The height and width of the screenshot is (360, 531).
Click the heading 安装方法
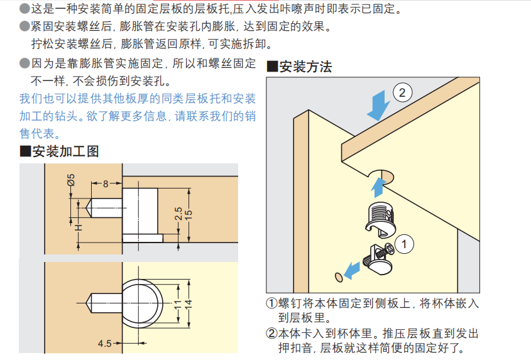point(299,67)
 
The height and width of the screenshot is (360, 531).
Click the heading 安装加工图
point(59,151)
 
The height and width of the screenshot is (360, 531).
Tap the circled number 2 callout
point(402,92)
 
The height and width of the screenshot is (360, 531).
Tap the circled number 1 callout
point(403,244)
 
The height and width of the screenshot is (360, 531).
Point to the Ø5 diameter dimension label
point(71,180)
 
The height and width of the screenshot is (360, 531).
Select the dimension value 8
point(106,184)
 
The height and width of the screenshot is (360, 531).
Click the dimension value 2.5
point(178,214)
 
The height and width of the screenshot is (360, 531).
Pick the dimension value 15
point(189,215)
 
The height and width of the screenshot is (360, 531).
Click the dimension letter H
point(79,227)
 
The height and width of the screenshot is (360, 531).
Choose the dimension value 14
point(189,304)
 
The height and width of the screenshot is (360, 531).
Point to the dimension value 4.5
point(105,344)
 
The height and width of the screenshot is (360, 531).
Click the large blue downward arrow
point(378,106)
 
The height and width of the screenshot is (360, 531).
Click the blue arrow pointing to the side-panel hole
point(352,270)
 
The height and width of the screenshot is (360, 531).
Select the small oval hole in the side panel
point(339,277)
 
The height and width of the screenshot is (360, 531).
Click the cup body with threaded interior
point(381,219)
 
